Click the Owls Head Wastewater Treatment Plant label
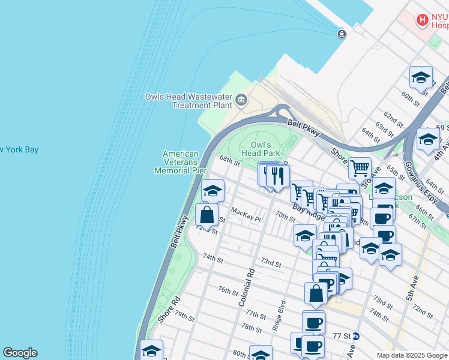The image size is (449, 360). tap(188, 100)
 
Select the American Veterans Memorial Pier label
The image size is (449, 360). tap(181, 162)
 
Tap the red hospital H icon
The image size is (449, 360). tap(423, 20)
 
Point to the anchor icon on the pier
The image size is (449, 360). tap(342, 34)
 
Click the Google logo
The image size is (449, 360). tap(20, 353)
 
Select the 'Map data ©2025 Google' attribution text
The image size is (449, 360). tap(411, 355)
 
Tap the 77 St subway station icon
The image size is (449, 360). tap(355, 336)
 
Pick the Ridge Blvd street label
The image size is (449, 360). tap(278, 314)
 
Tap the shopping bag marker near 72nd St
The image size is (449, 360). tap(206, 214)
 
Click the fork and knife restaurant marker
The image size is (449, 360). tap(277, 176)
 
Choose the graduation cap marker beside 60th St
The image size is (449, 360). tap(421, 78)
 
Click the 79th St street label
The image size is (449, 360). tap(185, 317)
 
